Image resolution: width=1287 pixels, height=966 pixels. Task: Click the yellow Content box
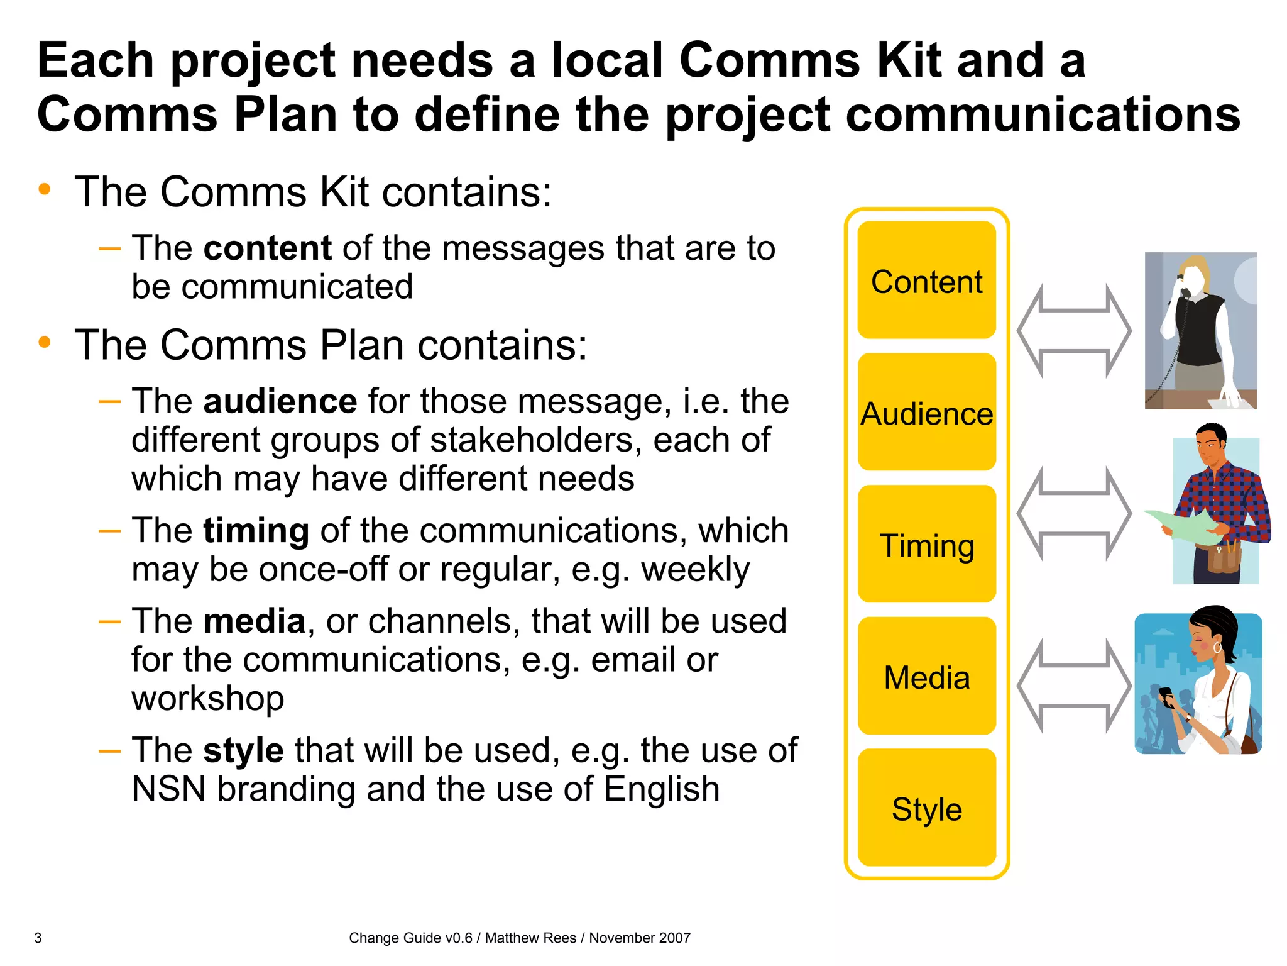pyautogui.click(x=926, y=280)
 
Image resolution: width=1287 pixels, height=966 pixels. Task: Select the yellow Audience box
pyautogui.click(x=926, y=413)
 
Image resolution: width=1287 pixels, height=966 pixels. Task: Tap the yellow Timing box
pyautogui.click(x=926, y=545)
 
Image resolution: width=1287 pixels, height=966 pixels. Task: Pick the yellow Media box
pyautogui.click(x=926, y=677)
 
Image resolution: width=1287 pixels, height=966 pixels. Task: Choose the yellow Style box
pyautogui.click(x=926, y=809)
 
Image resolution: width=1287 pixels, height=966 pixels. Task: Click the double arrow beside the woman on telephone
pyautogui.click(x=1074, y=331)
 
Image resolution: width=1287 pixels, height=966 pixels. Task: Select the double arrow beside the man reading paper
pyautogui.click(x=1074, y=514)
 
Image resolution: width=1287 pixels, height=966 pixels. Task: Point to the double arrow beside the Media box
pyautogui.click(x=1074, y=686)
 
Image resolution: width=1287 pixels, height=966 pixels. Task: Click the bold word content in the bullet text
pyautogui.click(x=267, y=248)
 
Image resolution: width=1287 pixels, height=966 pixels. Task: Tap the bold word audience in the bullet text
pyautogui.click(x=280, y=401)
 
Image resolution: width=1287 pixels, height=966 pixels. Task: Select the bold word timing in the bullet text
pyautogui.click(x=256, y=531)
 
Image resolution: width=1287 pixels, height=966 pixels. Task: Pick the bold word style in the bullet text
pyautogui.click(x=243, y=750)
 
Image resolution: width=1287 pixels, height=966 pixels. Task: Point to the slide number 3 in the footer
pyautogui.click(x=38, y=938)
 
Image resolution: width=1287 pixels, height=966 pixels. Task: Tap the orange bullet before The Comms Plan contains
pyautogui.click(x=44, y=343)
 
